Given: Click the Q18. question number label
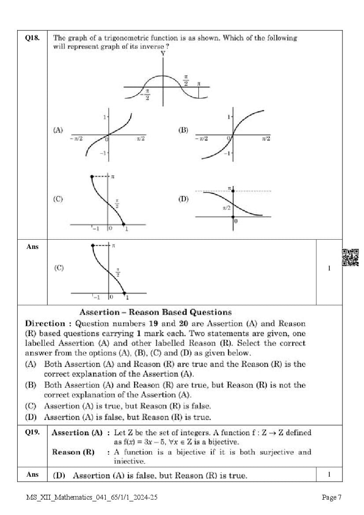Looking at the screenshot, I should coord(32,38).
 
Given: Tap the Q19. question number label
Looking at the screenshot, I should coord(32,433).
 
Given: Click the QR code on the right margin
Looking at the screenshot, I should coord(350,257).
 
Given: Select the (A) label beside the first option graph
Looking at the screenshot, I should coord(58,130).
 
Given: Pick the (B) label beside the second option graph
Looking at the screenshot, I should coord(183,130).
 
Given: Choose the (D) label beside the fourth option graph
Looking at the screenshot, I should coord(183,199).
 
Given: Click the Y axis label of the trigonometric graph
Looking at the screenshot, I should coord(163,53).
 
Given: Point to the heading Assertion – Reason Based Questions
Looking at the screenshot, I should coord(155,312).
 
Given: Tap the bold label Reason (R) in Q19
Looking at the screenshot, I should coord(73,452).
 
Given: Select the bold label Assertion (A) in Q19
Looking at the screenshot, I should coord(77,433).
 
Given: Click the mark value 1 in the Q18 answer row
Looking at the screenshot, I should coord(329,268).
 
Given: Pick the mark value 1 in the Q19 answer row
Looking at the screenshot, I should coord(329,474).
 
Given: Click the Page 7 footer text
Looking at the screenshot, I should coord(331,498).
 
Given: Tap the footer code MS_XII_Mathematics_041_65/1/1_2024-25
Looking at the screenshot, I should coord(92,498).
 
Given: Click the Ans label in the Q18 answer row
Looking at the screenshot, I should coord(32,247).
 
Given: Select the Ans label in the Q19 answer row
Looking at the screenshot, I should coord(32,474).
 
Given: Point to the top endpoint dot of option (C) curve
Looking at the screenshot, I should coord(92,176).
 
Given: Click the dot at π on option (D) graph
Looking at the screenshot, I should coord(233,191).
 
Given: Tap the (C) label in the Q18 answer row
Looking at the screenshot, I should coord(59,268).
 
